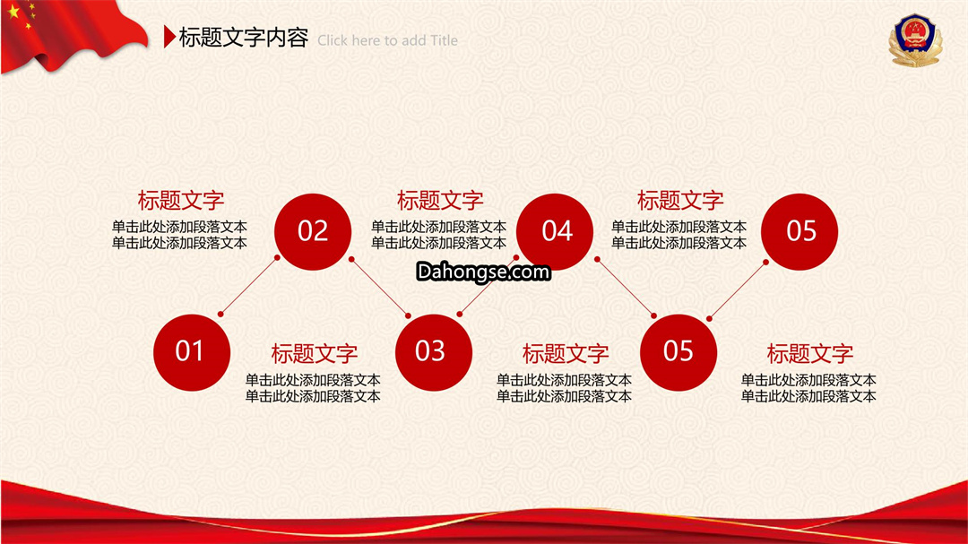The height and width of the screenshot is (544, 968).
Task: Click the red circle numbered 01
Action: [x=192, y=352]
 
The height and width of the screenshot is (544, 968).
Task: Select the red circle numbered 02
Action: [x=313, y=231]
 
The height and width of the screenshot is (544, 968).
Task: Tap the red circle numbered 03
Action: [x=434, y=352]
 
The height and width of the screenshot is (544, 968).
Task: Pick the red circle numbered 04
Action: [x=555, y=231]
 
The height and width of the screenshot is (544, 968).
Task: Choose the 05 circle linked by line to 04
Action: [x=678, y=352]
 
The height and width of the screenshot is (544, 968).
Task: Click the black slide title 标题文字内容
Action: [x=243, y=38]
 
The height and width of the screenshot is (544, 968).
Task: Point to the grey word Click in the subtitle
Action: [x=333, y=40]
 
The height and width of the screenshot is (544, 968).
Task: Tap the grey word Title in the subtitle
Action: [x=445, y=40]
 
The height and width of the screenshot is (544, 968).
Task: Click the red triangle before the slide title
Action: [x=169, y=37]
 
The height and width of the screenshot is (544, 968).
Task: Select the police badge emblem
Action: [x=915, y=40]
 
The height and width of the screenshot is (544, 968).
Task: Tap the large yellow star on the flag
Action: [x=13, y=11]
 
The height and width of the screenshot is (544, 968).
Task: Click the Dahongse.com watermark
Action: [x=483, y=272]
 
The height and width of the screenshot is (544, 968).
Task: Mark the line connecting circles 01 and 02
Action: [x=249, y=286]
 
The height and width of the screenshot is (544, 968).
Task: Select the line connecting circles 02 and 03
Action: [x=380, y=288]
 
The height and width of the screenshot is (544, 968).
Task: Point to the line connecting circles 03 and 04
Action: [x=488, y=286]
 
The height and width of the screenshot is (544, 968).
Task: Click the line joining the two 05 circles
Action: [x=738, y=290]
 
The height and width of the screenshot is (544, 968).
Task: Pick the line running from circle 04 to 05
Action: [x=626, y=288]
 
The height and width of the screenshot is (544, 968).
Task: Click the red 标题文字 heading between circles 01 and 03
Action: [x=315, y=354]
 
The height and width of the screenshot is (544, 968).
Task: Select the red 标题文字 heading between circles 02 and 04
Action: [x=440, y=201]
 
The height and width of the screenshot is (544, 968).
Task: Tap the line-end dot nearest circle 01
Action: [x=220, y=315]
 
